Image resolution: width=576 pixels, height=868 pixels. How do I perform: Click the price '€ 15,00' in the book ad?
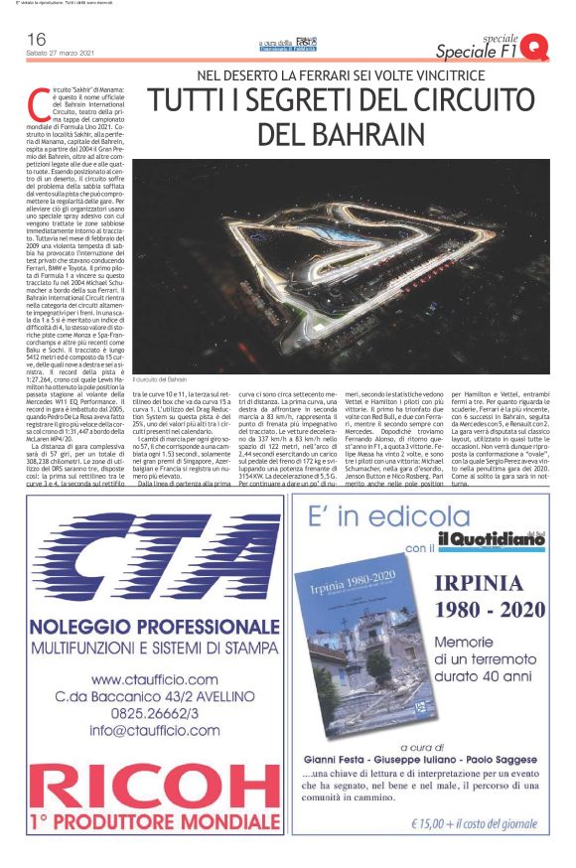(442, 823)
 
